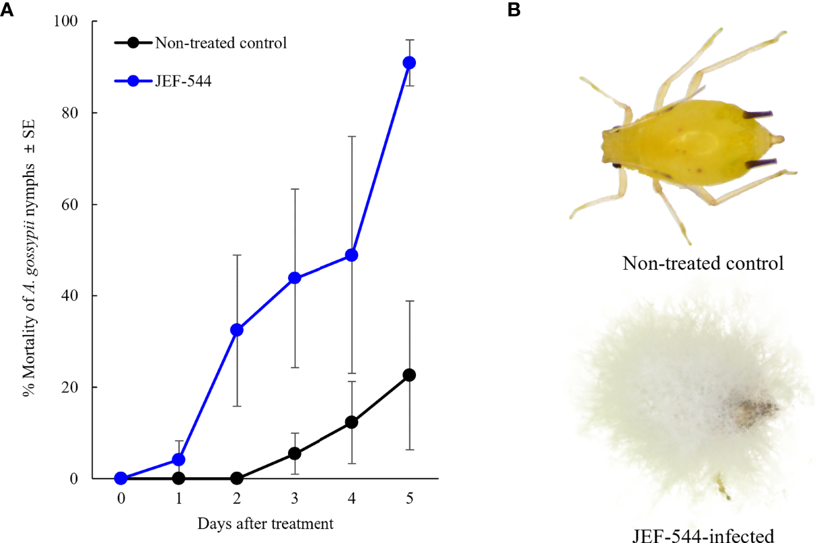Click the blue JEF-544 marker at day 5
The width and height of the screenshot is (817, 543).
click(x=408, y=63)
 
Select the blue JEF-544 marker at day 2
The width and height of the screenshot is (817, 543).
click(x=236, y=330)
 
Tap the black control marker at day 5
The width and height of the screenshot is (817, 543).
click(x=408, y=375)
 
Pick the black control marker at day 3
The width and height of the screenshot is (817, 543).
click(x=294, y=454)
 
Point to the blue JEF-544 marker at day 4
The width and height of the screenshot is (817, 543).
click(x=351, y=255)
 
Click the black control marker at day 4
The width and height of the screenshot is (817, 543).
click(x=351, y=422)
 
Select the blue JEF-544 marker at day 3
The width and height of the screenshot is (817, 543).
click(x=294, y=278)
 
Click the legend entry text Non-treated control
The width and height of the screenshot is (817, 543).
click(x=221, y=43)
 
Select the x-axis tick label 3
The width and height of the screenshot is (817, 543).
click(x=294, y=499)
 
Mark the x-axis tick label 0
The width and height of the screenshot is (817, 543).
click(x=121, y=499)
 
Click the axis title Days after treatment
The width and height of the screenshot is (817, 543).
click(x=265, y=523)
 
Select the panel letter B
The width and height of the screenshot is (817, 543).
click(x=514, y=10)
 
